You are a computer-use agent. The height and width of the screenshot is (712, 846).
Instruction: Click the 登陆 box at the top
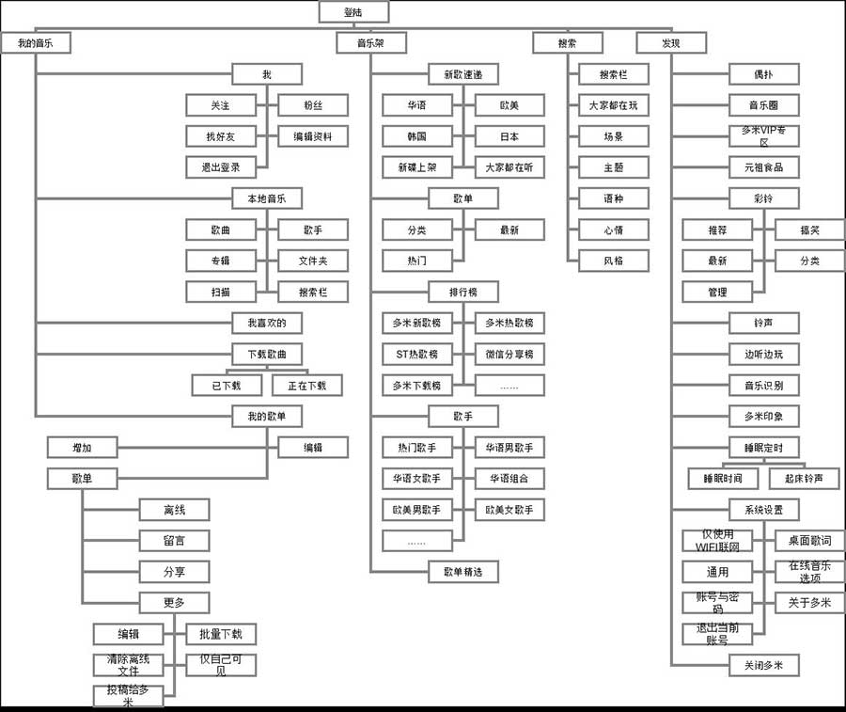tap(353, 11)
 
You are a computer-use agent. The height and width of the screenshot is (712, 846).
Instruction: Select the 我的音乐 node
tap(36, 43)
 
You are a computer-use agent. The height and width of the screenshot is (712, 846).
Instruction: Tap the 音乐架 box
tap(371, 43)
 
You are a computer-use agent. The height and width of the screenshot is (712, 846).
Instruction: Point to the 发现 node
tap(670, 43)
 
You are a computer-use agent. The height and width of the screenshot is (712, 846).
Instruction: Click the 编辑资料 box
tap(313, 136)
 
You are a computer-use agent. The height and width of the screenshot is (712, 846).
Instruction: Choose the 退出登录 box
tap(221, 167)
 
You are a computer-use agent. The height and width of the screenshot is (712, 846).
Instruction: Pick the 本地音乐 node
tap(267, 198)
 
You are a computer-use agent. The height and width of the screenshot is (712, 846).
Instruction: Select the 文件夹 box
tap(313, 261)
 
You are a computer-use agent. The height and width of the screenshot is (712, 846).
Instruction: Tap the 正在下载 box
tap(307, 385)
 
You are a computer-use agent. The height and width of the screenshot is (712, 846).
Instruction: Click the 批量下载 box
tap(221, 634)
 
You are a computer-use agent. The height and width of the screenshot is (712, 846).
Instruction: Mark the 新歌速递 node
tap(462, 74)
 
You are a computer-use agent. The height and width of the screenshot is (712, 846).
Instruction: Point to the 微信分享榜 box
tap(509, 354)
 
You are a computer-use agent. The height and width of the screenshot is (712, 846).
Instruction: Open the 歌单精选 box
tap(462, 571)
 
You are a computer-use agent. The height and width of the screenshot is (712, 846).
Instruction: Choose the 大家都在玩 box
tap(613, 105)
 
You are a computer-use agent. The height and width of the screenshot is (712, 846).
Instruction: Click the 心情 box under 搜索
tap(613, 229)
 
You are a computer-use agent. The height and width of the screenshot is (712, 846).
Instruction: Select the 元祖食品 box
tap(763, 167)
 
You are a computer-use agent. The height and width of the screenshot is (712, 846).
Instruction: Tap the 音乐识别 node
tap(763, 385)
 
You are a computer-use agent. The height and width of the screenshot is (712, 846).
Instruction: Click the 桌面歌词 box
tap(809, 541)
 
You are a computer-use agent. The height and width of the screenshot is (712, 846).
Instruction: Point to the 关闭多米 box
tap(763, 665)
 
